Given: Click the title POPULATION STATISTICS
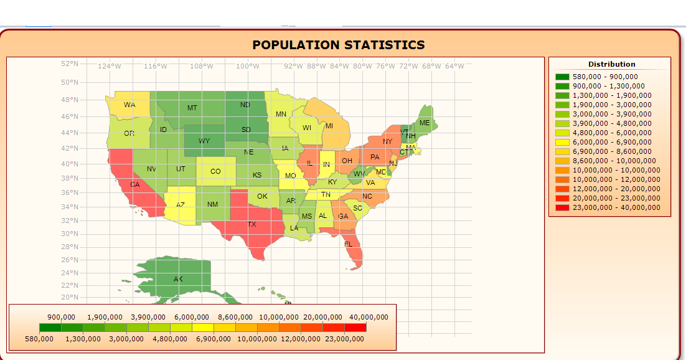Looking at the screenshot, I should pos(339,45).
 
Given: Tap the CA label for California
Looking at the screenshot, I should pos(135,184).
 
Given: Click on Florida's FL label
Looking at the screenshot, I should pos(349,244).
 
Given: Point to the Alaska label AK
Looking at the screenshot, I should pos(178,278).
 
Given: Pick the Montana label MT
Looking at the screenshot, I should pos(192,108).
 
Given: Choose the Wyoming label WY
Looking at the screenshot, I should pos(204,141).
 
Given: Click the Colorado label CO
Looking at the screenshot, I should pos(215,171).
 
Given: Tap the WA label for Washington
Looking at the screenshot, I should pos(129,105).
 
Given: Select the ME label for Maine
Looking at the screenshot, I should pos(425,123).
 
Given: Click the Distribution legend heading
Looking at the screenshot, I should pos(611,64).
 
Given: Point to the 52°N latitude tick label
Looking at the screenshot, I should pos(70,64).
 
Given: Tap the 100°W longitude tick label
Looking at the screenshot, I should pos(248,66).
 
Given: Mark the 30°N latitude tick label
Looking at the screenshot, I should pos(70,234).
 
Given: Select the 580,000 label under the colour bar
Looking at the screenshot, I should pos(39,339).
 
